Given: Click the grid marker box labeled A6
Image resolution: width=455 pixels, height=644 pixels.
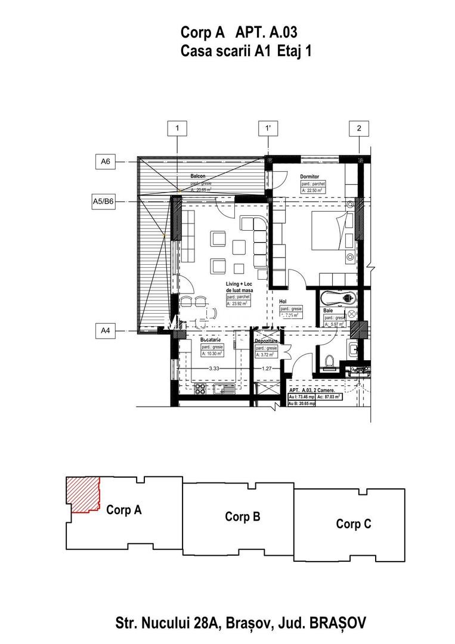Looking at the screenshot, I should pyautogui.click(x=106, y=161).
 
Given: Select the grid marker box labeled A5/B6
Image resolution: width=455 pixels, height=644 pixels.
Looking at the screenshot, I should pyautogui.click(x=106, y=202).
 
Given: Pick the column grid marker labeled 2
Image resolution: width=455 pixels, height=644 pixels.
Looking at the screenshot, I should pyautogui.click(x=359, y=128).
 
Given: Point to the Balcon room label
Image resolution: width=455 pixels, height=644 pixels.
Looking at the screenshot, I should pyautogui.click(x=198, y=177).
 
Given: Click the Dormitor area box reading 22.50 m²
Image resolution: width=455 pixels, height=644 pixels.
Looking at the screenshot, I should pyautogui.click(x=314, y=191).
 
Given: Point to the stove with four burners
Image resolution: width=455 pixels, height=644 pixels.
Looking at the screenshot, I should pyautogui.click(x=201, y=391).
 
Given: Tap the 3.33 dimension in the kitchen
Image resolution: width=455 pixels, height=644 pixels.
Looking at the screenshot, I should pyautogui.click(x=213, y=369).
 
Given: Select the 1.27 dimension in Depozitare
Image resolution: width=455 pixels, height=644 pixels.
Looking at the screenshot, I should pyautogui.click(x=267, y=369).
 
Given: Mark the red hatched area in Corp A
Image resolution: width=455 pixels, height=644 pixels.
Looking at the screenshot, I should pyautogui.click(x=82, y=494).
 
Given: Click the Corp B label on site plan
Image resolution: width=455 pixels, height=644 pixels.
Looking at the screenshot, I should pyautogui.click(x=242, y=516).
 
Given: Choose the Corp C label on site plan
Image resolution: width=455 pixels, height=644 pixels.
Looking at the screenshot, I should pyautogui.click(x=353, y=524).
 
